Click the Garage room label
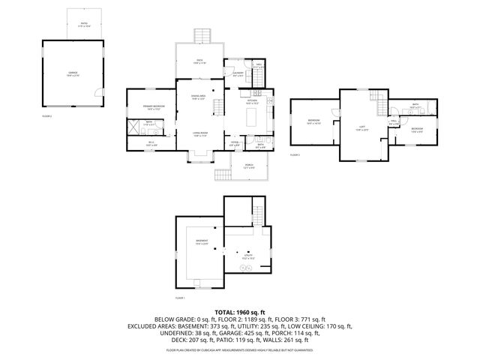pos(72,73)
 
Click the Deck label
pos(199,62)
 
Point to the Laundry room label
pos(238,74)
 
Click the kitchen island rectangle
pos(252,116)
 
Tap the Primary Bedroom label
pos(149,107)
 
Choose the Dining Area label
pos(199,97)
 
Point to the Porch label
pos(247,166)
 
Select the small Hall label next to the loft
pos(394,122)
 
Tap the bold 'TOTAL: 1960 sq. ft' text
pos(240,311)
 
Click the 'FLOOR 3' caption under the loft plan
pos(295,154)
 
